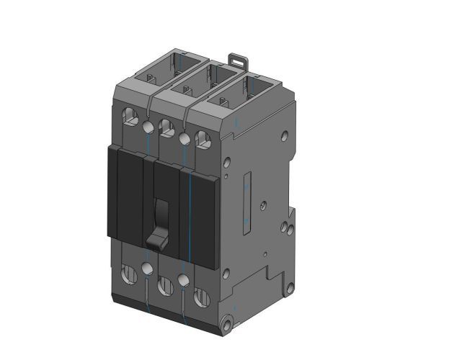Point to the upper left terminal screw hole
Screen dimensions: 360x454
coord(130,115)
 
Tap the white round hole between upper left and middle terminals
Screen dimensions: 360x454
coord(148,127)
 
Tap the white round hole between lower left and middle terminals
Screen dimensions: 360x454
coord(148,269)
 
